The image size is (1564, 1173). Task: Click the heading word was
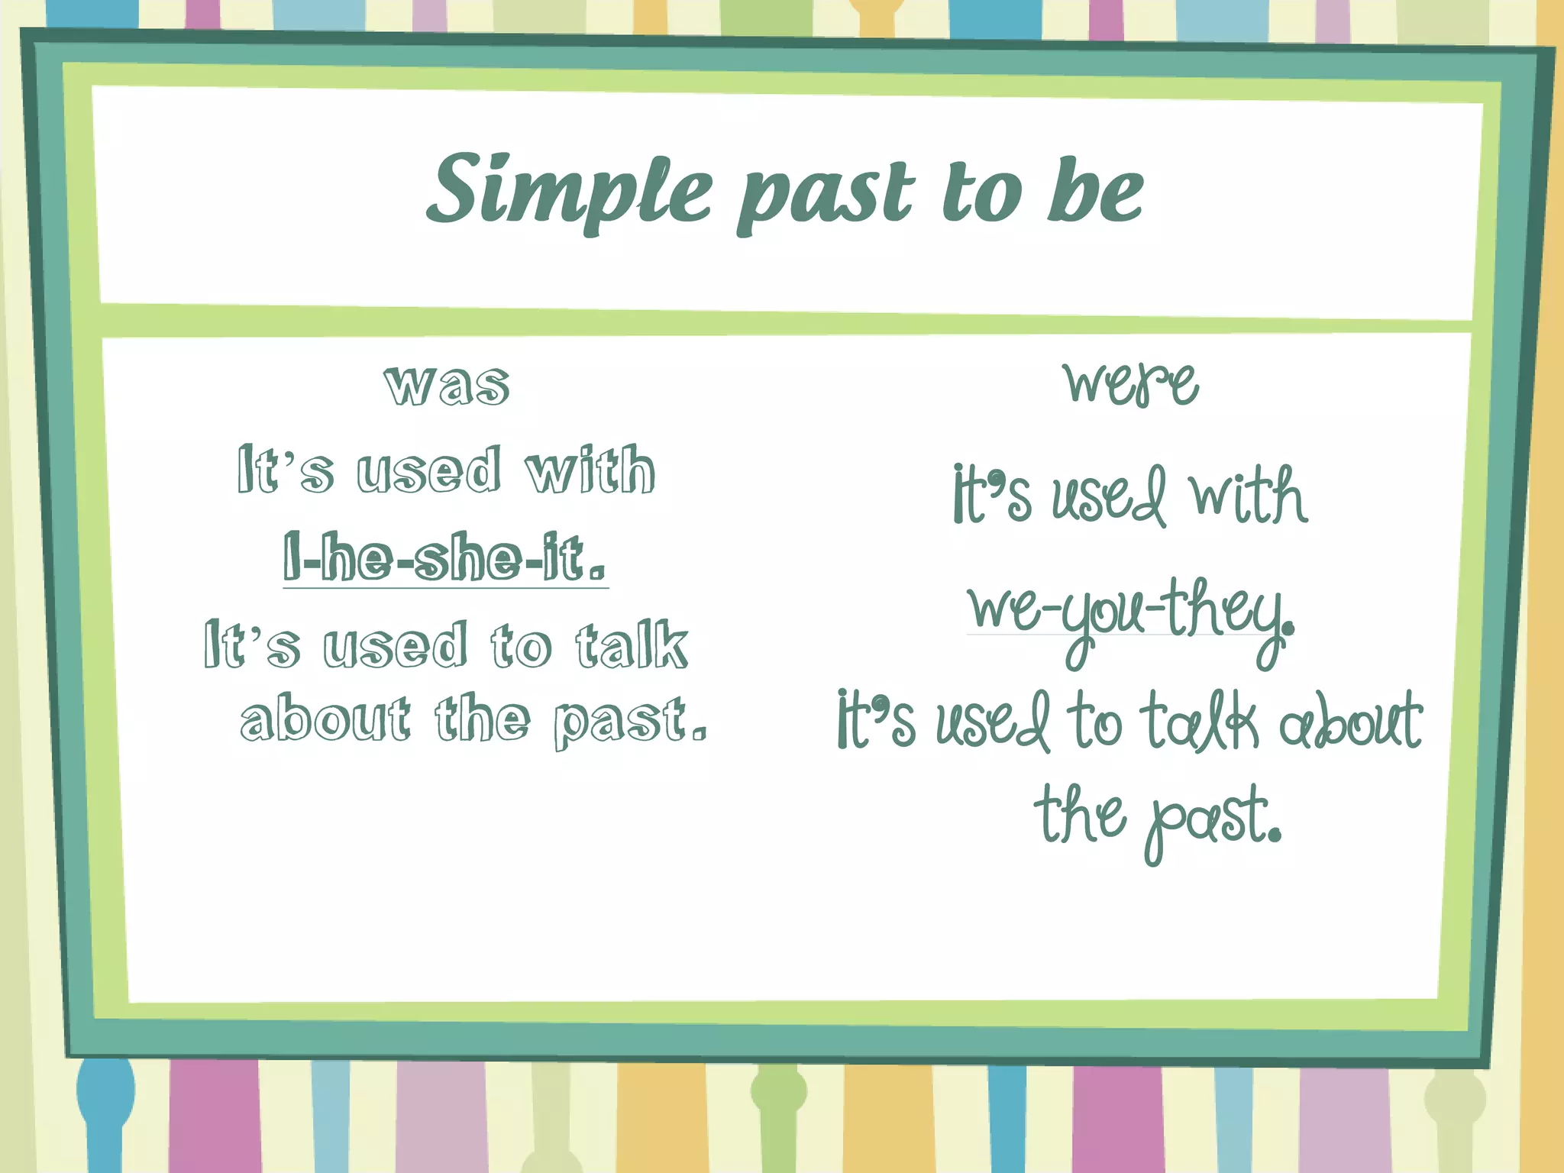tap(447, 385)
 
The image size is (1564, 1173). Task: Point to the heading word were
tap(1131, 383)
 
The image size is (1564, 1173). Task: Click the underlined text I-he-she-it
tap(445, 558)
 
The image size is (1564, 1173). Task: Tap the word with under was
tap(590, 470)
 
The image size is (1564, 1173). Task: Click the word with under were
tap(1248, 496)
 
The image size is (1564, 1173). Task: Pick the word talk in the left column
tap(632, 646)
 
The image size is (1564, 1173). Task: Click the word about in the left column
tap(325, 719)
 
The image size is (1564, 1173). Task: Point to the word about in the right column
tap(1350, 721)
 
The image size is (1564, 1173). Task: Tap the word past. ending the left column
tap(630, 722)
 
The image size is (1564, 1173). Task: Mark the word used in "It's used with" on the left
tap(429, 470)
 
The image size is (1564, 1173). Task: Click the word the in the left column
tap(483, 719)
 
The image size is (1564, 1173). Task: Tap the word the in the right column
tap(1080, 814)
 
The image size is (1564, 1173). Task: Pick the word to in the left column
tap(520, 646)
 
